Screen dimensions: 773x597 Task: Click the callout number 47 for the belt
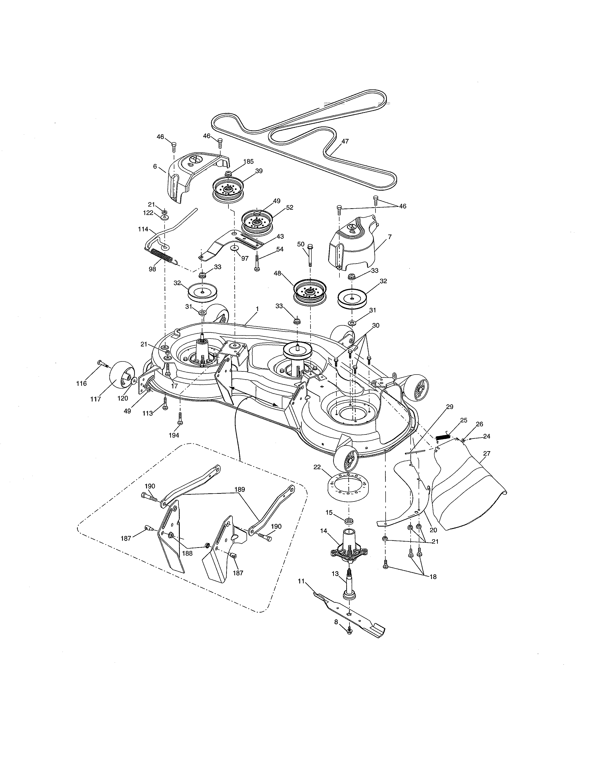point(345,141)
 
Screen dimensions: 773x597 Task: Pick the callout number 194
point(174,435)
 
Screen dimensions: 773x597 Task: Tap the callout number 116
point(81,383)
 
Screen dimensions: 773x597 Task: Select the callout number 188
point(187,553)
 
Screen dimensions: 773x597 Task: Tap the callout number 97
point(245,258)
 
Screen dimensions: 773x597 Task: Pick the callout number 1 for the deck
point(257,309)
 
